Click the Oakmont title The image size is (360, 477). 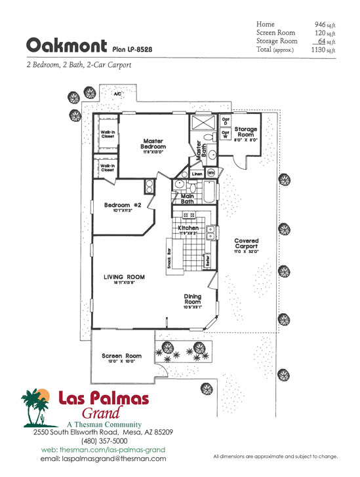pyautogui.click(x=66, y=45)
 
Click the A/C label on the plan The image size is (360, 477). pyautogui.click(x=118, y=94)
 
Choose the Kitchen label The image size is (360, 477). pyautogui.click(x=188, y=227)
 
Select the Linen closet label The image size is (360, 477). pyautogui.click(x=197, y=174)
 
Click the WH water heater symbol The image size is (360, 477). pyautogui.click(x=211, y=173)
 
